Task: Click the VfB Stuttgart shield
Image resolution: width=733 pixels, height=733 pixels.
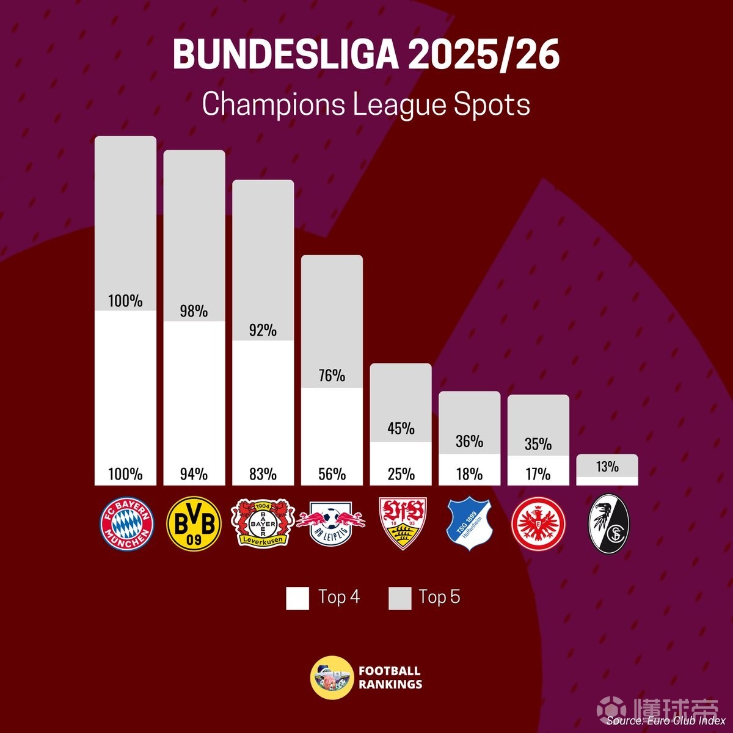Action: (401, 523)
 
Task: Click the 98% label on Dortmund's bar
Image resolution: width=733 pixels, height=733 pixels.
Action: (194, 312)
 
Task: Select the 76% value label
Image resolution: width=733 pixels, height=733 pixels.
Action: (332, 376)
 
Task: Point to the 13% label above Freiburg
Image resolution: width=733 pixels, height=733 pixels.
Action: (607, 467)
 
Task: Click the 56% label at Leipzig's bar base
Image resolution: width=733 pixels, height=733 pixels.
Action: (332, 475)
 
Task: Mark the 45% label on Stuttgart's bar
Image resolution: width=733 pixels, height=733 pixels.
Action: (401, 429)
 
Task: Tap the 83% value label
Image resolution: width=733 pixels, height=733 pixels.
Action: (263, 475)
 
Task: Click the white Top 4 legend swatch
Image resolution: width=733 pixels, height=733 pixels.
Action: (297, 599)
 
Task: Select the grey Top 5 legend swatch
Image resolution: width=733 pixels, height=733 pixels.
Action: (399, 599)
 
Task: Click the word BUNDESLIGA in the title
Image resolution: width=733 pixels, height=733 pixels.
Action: (285, 55)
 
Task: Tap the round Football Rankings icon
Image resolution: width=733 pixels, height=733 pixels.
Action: (332, 677)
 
